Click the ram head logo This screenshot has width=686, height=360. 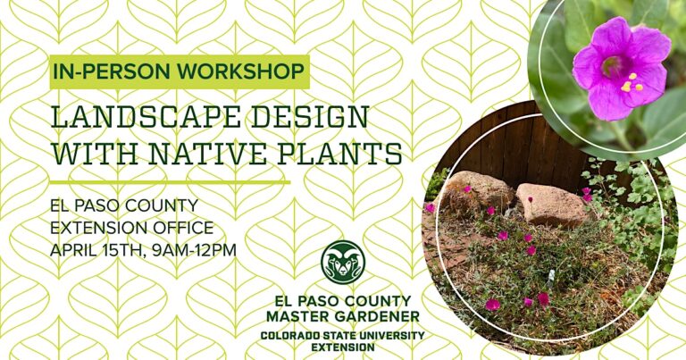coord(343,263)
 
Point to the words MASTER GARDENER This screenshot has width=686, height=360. coord(343,316)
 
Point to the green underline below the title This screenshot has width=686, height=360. coord(170,181)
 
